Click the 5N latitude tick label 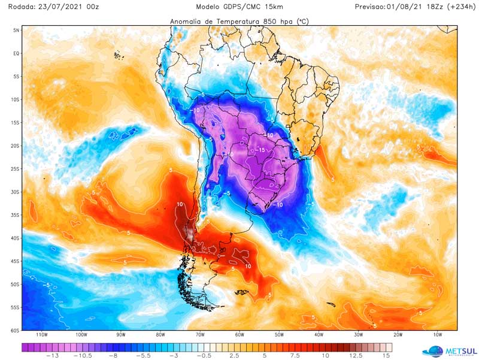[x=17, y=29]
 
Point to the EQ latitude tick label [x=17, y=53]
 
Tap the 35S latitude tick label [x=16, y=215]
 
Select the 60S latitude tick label [x=16, y=330]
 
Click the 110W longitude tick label [x=41, y=335]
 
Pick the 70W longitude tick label [x=200, y=335]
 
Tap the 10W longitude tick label [x=438, y=335]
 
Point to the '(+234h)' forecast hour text [x=459, y=7]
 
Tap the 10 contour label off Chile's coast [x=180, y=205]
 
